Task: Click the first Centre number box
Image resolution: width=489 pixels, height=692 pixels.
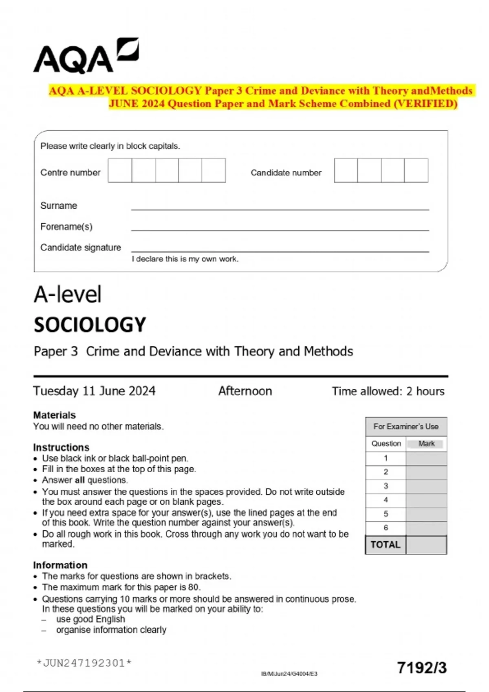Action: pyautogui.click(x=120, y=171)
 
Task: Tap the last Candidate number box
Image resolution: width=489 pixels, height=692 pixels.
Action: pyautogui.click(x=416, y=171)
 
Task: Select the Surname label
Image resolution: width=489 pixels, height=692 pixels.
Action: pyautogui.click(x=59, y=206)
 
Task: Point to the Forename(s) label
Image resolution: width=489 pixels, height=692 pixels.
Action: pyautogui.click(x=66, y=227)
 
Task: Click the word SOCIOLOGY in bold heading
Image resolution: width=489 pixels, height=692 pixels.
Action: pyautogui.click(x=90, y=325)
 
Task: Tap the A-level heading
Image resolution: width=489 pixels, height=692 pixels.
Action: pyautogui.click(x=68, y=294)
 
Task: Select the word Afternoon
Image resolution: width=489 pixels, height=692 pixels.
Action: pyautogui.click(x=245, y=391)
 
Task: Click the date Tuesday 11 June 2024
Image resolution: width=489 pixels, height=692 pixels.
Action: pyautogui.click(x=94, y=391)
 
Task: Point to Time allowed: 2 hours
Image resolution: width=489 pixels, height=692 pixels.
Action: pyautogui.click(x=388, y=391)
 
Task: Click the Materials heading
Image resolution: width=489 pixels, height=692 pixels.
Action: pyautogui.click(x=54, y=415)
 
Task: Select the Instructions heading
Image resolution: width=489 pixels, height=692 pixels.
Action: pyautogui.click(x=61, y=447)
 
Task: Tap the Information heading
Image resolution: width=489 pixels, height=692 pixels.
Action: pyautogui.click(x=60, y=565)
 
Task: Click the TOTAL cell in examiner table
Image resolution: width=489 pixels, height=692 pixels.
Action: pyautogui.click(x=385, y=545)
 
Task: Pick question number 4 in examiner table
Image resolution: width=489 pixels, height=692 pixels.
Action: pyautogui.click(x=385, y=500)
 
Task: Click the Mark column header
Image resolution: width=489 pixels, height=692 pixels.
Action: pyautogui.click(x=426, y=444)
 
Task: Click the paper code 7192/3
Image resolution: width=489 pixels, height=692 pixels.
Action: pyautogui.click(x=422, y=668)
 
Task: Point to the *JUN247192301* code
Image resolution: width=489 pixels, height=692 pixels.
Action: pyautogui.click(x=84, y=663)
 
